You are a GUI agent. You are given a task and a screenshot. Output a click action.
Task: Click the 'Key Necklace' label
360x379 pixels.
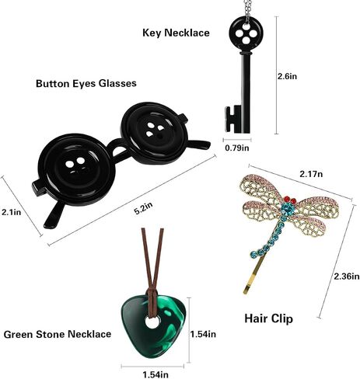(176, 33)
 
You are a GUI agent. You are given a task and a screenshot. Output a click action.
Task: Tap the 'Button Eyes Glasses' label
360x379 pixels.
(86, 83)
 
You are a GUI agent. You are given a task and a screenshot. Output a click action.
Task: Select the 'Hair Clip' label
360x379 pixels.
(268, 318)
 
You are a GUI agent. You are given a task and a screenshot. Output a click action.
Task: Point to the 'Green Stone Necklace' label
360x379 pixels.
(58, 334)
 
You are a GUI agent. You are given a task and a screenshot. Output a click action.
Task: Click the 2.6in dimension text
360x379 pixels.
(287, 76)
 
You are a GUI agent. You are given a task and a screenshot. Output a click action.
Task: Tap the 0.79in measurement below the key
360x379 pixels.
(237, 148)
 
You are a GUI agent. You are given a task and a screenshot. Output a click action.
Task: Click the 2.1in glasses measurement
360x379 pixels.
(11, 212)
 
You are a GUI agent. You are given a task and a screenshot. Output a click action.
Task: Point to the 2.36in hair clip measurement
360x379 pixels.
(347, 276)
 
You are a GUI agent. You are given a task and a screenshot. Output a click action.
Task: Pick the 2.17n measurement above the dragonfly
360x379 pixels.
(311, 174)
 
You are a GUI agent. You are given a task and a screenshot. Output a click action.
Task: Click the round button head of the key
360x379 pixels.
(246, 33)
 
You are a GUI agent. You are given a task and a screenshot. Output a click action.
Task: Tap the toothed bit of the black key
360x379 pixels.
(230, 119)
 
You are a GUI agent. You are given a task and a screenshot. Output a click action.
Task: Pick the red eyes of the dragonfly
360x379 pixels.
(289, 200)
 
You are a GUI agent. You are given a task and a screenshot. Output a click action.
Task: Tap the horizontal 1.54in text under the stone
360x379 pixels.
(156, 374)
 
